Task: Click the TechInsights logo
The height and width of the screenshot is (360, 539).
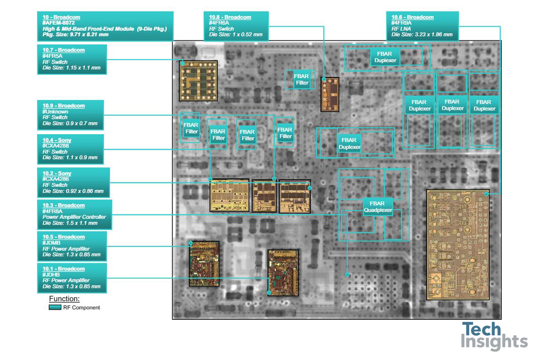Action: tap(494, 336)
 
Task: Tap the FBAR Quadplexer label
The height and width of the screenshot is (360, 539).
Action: tap(378, 207)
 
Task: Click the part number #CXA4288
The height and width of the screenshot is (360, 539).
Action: tap(56, 146)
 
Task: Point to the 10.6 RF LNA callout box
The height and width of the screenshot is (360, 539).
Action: tap(422, 26)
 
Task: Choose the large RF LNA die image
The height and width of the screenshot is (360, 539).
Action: tap(458, 245)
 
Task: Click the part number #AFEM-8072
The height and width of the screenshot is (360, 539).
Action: tap(59, 23)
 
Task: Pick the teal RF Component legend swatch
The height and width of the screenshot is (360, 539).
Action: tap(55, 307)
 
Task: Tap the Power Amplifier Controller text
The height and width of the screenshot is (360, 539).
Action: tap(74, 217)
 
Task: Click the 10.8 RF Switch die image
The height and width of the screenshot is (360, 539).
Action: tap(330, 95)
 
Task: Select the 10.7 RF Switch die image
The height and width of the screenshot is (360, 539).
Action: tap(198, 81)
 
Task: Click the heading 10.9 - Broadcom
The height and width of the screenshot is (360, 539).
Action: tap(64, 106)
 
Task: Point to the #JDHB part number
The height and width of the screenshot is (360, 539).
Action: tap(51, 274)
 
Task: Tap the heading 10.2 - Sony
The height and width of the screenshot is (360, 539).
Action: tap(57, 173)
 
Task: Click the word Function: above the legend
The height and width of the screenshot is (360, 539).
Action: tap(64, 299)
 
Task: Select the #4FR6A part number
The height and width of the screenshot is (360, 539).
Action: tap(219, 23)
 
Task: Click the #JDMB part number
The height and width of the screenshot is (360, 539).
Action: tap(51, 243)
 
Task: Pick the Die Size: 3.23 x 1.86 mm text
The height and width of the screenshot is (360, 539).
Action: tap(422, 35)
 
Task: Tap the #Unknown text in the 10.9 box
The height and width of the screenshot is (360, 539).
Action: tap(55, 111)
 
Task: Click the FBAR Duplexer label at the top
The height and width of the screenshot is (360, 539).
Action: tap(385, 57)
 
